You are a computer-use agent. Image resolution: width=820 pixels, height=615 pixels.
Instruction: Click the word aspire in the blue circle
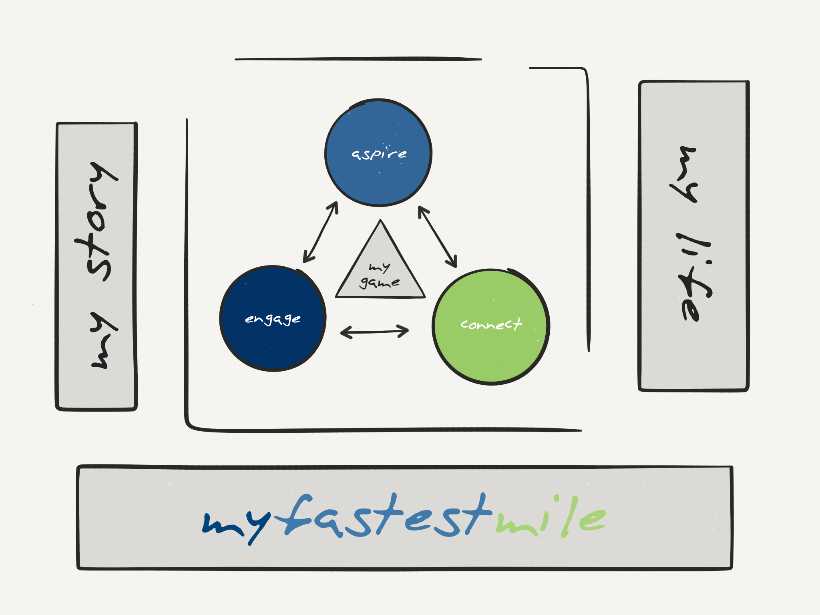[379, 154]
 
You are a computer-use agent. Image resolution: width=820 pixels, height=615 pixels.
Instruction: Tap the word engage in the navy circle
[273, 319]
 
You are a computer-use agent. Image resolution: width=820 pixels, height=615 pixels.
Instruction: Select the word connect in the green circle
[491, 324]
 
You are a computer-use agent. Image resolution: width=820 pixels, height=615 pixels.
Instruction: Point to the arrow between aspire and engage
[320, 232]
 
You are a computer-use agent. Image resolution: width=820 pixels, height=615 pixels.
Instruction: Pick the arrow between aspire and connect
[437, 237]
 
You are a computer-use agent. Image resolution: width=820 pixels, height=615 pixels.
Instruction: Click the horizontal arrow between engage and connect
[374, 332]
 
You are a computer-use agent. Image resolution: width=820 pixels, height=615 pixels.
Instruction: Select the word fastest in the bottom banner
[384, 517]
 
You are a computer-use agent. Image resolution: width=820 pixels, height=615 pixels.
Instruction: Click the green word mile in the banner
[551, 519]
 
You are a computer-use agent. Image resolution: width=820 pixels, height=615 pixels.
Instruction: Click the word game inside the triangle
[379, 283]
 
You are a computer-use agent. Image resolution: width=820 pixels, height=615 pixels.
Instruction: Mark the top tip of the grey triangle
[380, 221]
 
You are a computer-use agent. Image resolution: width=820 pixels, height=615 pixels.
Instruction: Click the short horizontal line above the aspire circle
[358, 59]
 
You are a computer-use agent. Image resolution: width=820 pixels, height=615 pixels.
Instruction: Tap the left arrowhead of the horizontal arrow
[344, 333]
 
